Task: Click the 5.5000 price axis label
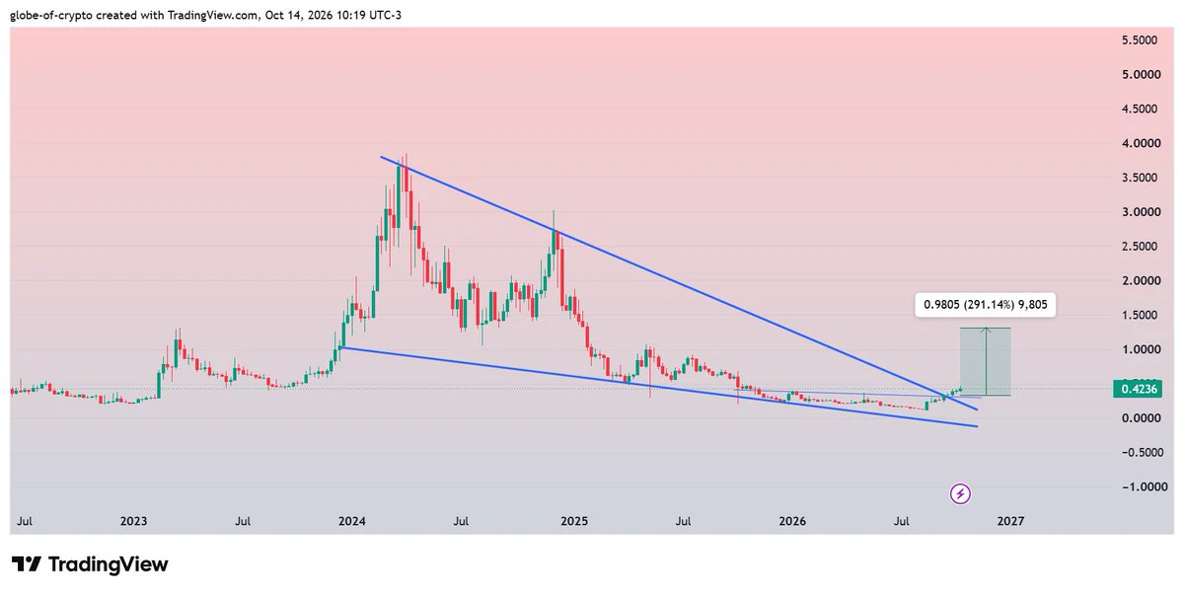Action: pyautogui.click(x=1140, y=40)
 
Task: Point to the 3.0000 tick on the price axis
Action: pyautogui.click(x=1142, y=212)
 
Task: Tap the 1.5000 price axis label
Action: pyautogui.click(x=1140, y=315)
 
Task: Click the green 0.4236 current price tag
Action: pyautogui.click(x=1139, y=389)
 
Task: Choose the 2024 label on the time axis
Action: pyautogui.click(x=352, y=521)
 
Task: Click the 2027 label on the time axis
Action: pyautogui.click(x=1010, y=521)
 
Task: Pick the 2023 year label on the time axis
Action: pyautogui.click(x=133, y=521)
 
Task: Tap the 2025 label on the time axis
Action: pyautogui.click(x=574, y=521)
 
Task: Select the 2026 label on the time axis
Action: pyautogui.click(x=792, y=521)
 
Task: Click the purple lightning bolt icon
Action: pyautogui.click(x=960, y=494)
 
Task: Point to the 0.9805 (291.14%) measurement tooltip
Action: pyautogui.click(x=986, y=305)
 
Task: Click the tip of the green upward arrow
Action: pyautogui.click(x=986, y=329)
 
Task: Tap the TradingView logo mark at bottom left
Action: pyautogui.click(x=27, y=564)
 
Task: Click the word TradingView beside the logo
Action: pyautogui.click(x=109, y=564)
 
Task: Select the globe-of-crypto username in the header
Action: pyautogui.click(x=51, y=16)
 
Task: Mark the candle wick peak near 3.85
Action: pyautogui.click(x=406, y=154)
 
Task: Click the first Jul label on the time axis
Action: pyautogui.click(x=25, y=521)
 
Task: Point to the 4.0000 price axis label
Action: pyautogui.click(x=1142, y=143)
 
